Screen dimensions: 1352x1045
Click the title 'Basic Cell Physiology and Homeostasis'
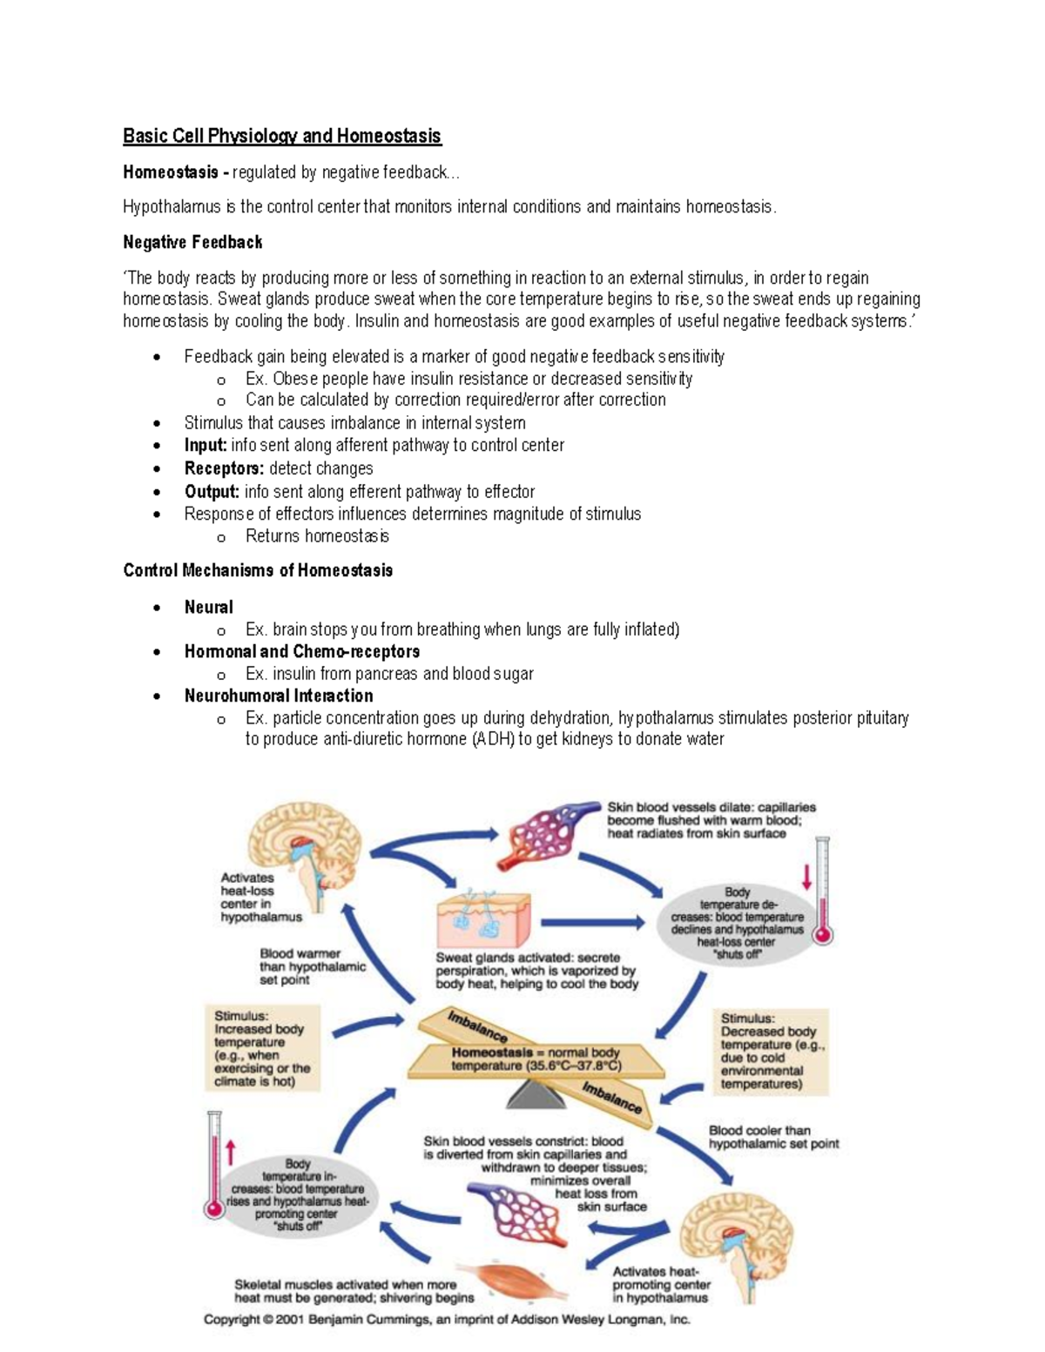tap(281, 136)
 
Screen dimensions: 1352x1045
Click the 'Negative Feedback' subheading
tap(192, 242)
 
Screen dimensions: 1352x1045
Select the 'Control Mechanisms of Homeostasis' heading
tap(258, 570)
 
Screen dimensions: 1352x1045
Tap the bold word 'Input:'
tap(206, 445)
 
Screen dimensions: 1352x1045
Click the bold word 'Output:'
tap(212, 491)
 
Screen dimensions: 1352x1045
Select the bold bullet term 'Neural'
tap(209, 607)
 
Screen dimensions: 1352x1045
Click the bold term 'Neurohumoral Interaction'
tap(279, 696)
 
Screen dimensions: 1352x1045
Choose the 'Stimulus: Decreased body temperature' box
tap(772, 1051)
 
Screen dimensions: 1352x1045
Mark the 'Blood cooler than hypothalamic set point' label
tap(773, 1137)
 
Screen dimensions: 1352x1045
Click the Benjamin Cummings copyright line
tap(447, 1319)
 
